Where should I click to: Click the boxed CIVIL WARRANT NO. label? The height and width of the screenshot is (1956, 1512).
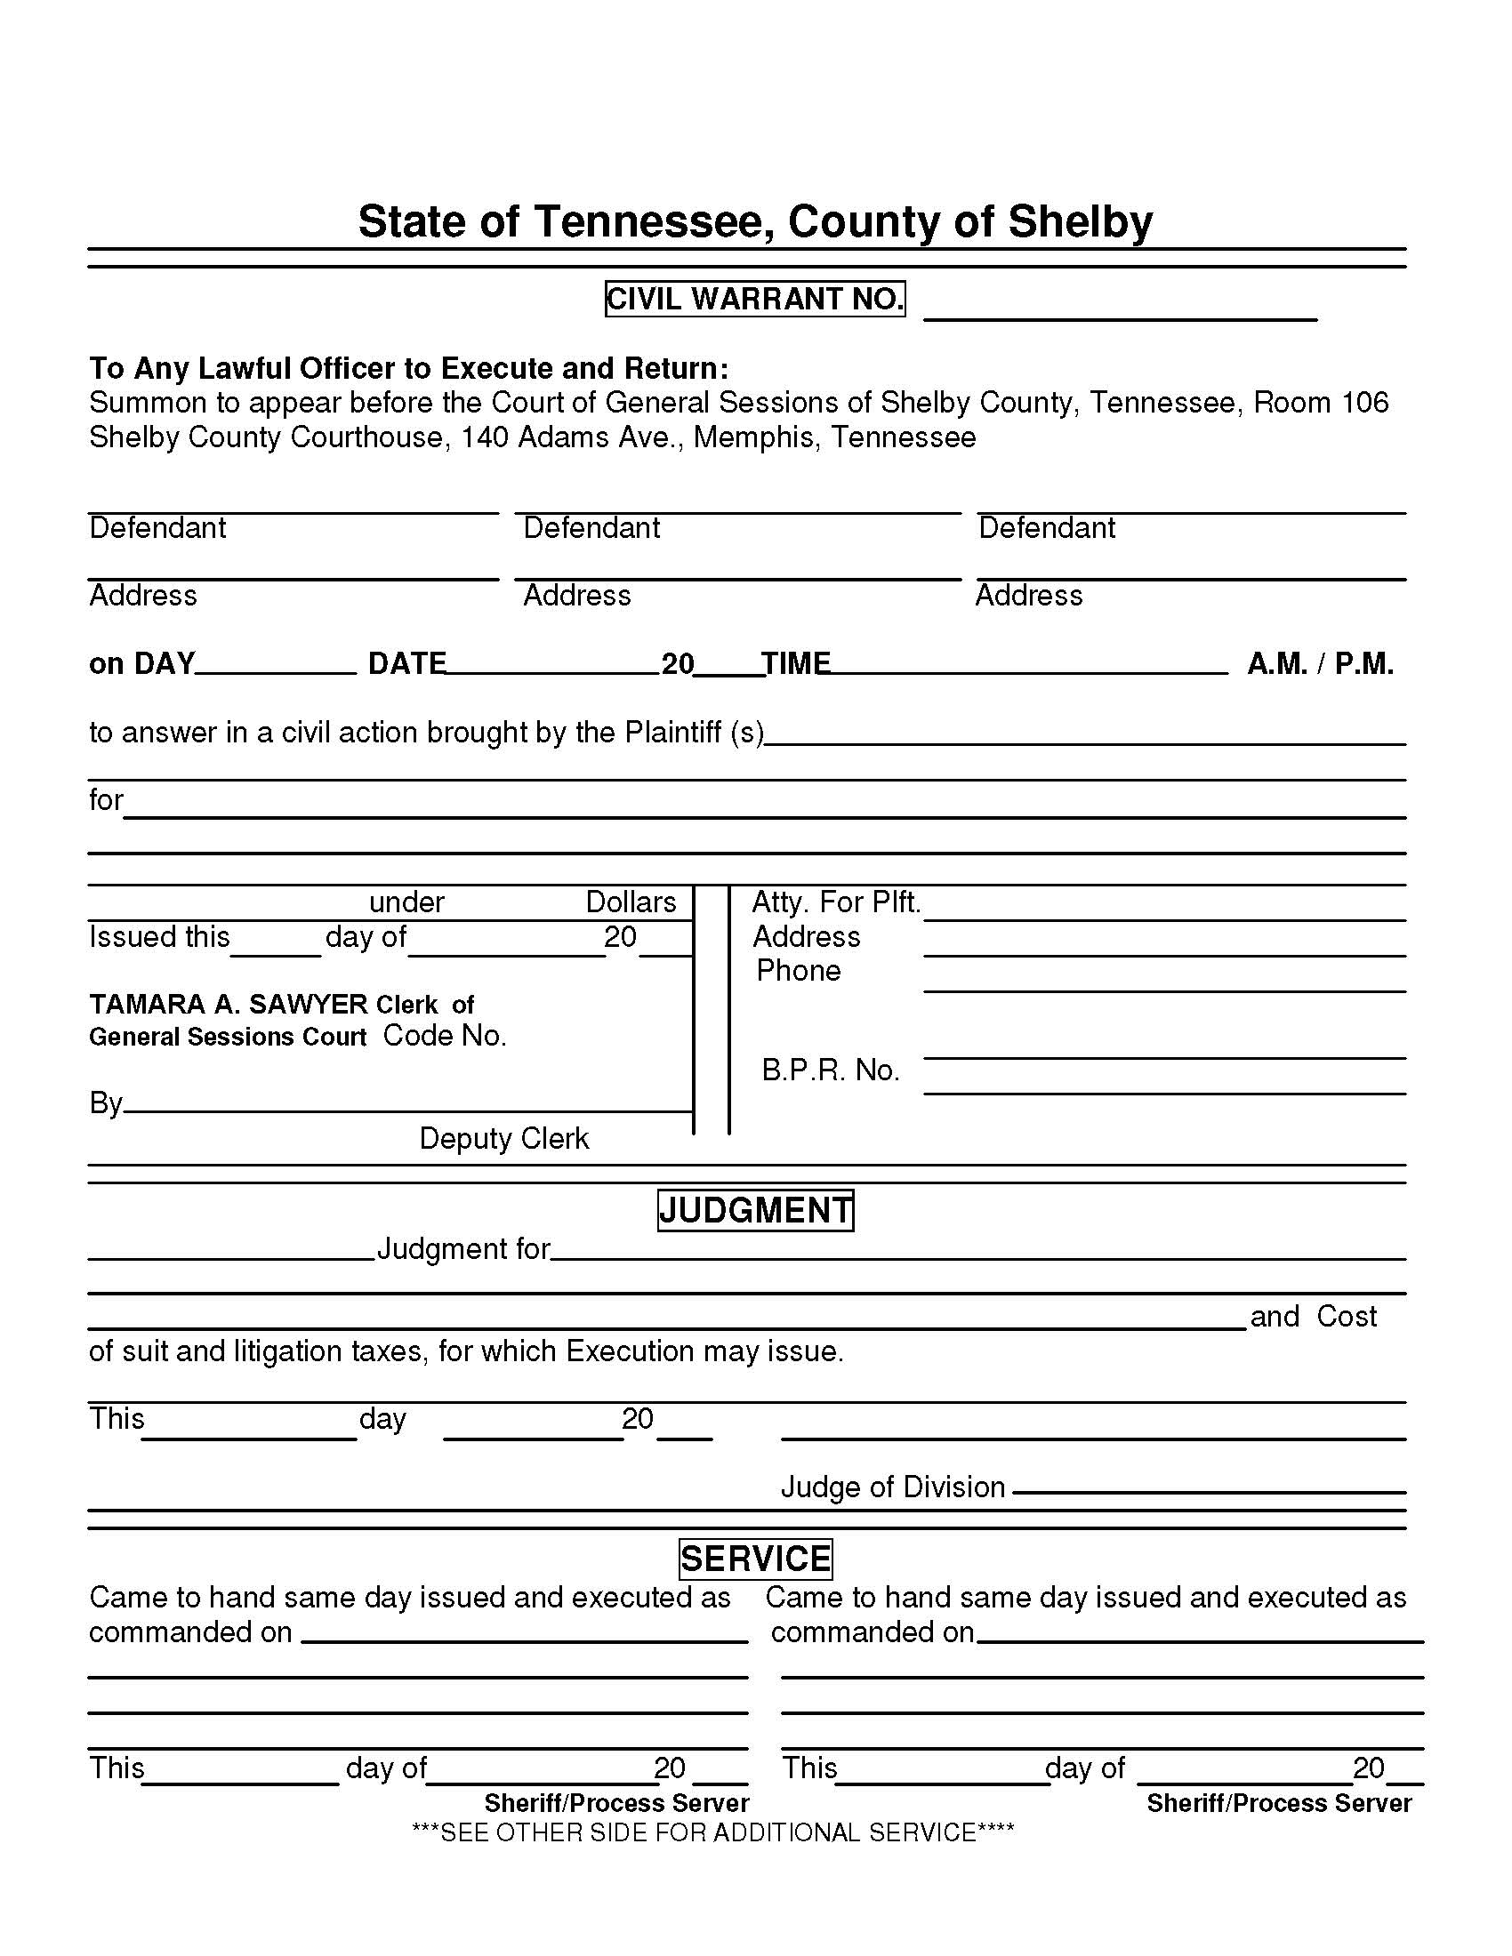[x=754, y=299]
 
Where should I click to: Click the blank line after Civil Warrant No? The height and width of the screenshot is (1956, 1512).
[x=1120, y=309]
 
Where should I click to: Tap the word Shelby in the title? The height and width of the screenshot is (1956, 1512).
[x=1080, y=221]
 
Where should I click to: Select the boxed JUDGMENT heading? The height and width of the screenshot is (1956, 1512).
[x=755, y=1210]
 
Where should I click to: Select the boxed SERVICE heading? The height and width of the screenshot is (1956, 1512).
[x=755, y=1559]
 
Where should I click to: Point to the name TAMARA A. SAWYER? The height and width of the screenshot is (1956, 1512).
[x=228, y=1004]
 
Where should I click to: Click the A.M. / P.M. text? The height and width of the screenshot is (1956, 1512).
[x=1319, y=663]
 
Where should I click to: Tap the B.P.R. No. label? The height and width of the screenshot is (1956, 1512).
[x=830, y=1070]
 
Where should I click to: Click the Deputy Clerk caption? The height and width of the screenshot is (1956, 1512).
[x=503, y=1138]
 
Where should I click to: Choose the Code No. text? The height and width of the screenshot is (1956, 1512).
[x=445, y=1036]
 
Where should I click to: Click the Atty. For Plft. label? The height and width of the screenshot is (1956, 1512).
[x=836, y=902]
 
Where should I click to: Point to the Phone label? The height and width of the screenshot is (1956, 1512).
[x=798, y=971]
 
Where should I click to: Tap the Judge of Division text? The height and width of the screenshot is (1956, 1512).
[x=892, y=1487]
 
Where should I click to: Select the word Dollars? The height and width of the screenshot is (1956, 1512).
[x=631, y=902]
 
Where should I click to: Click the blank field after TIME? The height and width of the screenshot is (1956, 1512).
[x=1028, y=664]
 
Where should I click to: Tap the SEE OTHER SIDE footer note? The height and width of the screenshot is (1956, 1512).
[x=712, y=1832]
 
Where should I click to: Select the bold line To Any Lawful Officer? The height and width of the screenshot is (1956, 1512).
[x=408, y=368]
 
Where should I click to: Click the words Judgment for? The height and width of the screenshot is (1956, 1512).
[x=463, y=1248]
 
